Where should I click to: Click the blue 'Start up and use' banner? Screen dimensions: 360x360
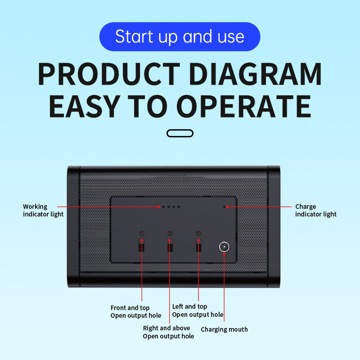tap(180, 37)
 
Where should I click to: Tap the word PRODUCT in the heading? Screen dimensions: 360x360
tap(109, 74)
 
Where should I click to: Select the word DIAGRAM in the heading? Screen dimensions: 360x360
tap(255, 74)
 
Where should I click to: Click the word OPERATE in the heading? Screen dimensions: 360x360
tap(243, 107)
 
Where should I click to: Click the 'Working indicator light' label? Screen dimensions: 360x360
tap(43, 210)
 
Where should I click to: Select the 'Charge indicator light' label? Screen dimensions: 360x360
tap(316, 210)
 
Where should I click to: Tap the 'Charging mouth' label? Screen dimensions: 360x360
tap(224, 329)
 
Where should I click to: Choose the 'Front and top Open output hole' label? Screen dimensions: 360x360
tap(136, 311)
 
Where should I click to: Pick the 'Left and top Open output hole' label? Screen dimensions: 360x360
tap(198, 310)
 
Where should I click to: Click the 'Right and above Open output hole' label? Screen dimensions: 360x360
tap(168, 332)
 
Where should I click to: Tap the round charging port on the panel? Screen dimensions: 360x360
tap(224, 247)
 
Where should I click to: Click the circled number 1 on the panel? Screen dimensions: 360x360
tap(142, 234)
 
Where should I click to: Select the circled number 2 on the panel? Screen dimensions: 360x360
tap(170, 234)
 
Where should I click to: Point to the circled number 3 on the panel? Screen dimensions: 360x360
tap(198, 234)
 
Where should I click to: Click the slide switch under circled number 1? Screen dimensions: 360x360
tap(142, 245)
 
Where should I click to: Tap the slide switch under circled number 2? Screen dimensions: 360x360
tap(170, 245)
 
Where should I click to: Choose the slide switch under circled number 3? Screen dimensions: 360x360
tap(198, 245)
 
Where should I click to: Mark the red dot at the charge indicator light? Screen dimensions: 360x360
tap(227, 207)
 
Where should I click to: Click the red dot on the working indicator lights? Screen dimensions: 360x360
tap(158, 207)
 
